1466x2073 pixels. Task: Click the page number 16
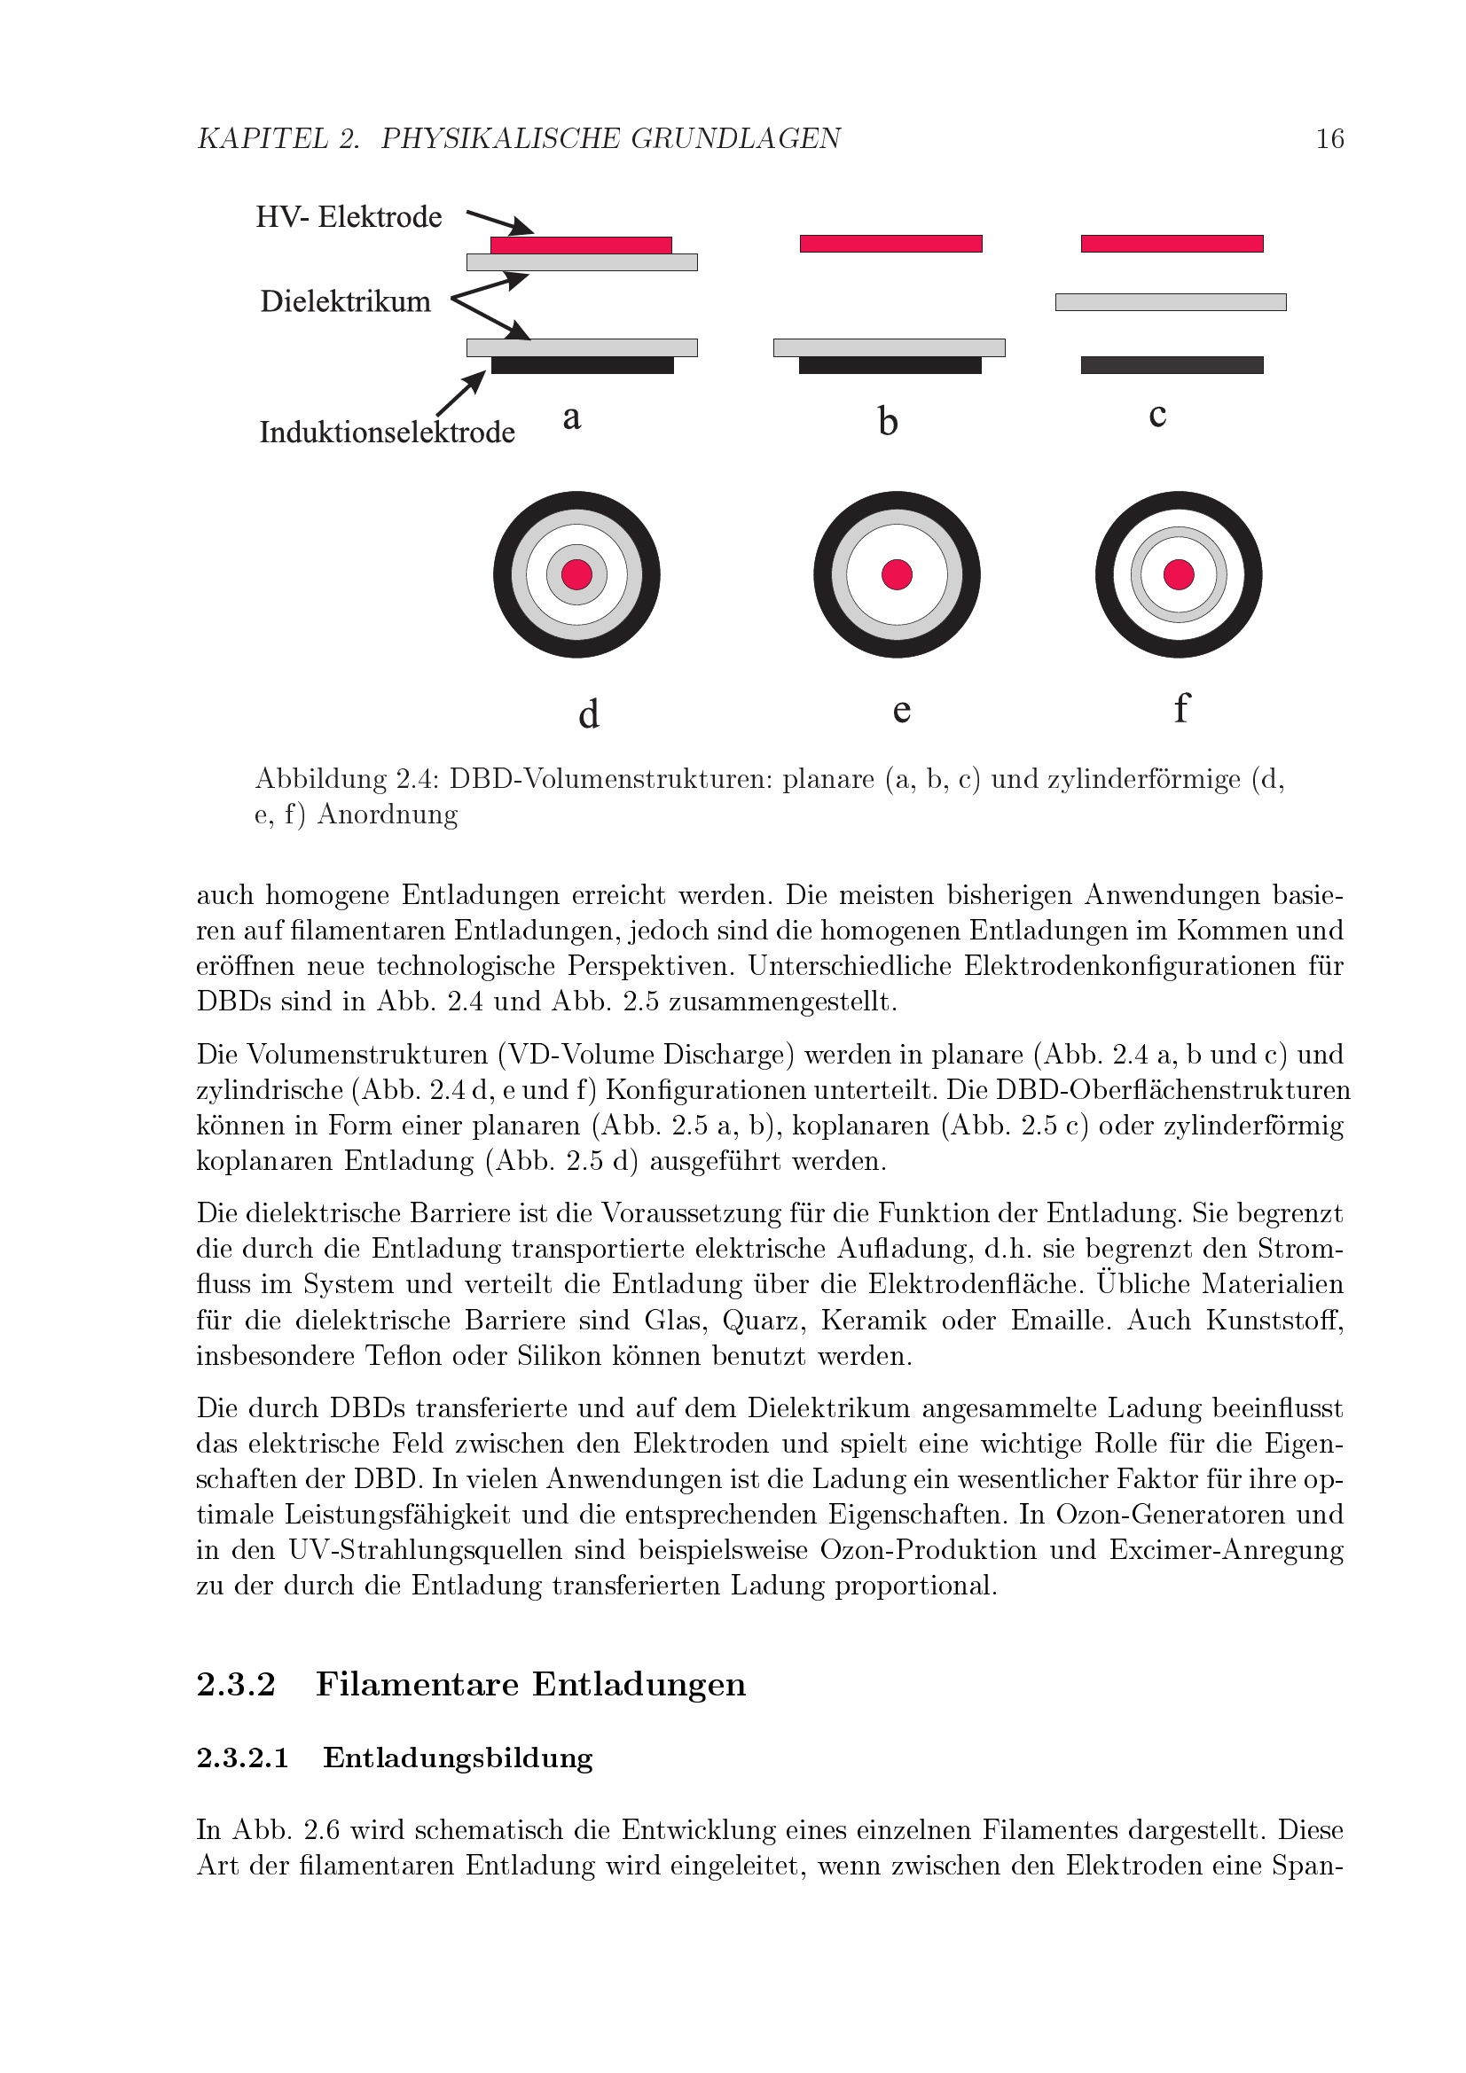tap(1329, 138)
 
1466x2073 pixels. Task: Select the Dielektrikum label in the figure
tap(345, 300)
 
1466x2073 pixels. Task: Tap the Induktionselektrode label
tap(387, 432)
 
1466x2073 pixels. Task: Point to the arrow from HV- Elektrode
tap(499, 222)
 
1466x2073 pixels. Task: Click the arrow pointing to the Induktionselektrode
tap(460, 394)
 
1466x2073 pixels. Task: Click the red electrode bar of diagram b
tap(890, 244)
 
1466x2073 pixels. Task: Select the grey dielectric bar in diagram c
tap(1171, 302)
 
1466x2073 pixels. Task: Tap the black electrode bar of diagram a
tap(583, 366)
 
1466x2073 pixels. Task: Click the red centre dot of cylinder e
tap(897, 574)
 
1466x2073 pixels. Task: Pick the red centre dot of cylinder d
tap(576, 574)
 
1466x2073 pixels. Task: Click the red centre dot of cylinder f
tap(1179, 574)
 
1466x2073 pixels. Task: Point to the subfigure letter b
tap(888, 421)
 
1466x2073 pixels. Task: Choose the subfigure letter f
tap(1180, 707)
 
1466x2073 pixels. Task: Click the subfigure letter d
tap(588, 713)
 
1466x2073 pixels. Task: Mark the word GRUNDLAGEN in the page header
tap(735, 138)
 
